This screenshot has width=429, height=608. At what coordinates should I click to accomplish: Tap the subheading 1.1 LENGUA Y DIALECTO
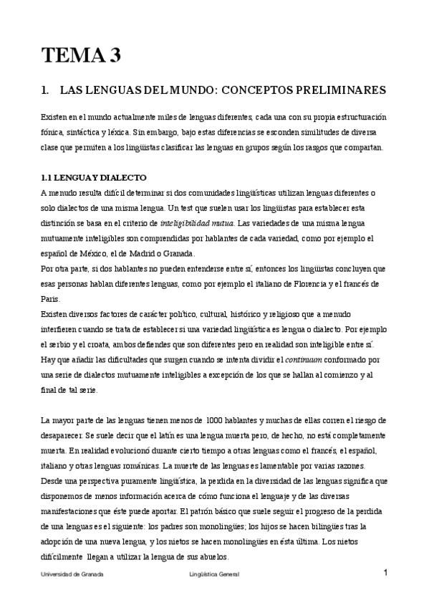point(93,177)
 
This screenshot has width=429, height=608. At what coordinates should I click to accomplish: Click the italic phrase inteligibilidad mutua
point(197,223)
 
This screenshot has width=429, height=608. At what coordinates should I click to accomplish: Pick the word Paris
point(51,299)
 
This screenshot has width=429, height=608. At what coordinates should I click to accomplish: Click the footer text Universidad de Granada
point(72,574)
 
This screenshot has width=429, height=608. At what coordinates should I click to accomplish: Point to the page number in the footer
point(385,572)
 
